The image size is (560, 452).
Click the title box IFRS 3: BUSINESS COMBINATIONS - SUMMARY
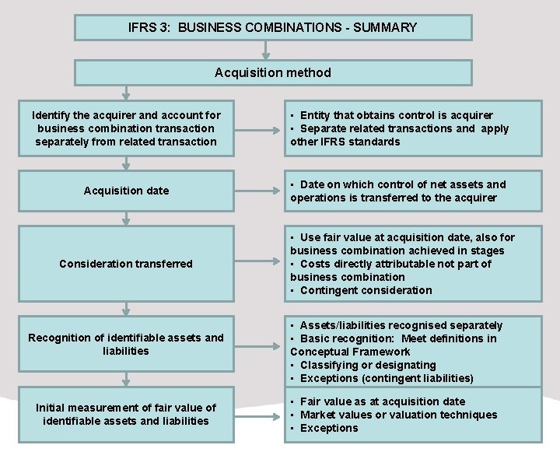[x=272, y=28]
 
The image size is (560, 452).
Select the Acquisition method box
[x=272, y=72]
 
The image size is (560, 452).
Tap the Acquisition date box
[x=126, y=191]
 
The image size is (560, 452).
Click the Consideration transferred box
[x=126, y=264]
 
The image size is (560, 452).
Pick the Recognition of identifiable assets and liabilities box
[x=126, y=344]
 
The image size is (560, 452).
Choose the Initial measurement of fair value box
[x=126, y=414]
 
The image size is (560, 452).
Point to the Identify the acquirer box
[x=126, y=128]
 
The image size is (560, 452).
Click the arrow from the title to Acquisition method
[x=267, y=50]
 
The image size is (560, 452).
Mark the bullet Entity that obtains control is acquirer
[x=396, y=115]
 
